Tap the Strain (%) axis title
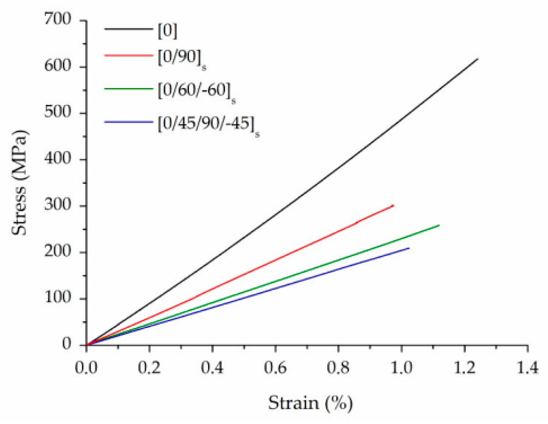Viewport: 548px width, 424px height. (x=310, y=403)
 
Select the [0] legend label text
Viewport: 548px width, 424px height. (x=167, y=30)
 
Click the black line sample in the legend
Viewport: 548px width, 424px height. (x=128, y=29)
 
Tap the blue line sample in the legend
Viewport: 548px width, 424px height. (x=128, y=122)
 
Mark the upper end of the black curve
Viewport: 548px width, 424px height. (x=477, y=59)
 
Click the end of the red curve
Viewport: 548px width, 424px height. (x=393, y=206)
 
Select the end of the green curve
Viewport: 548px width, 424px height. (x=439, y=225)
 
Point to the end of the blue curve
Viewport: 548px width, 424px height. (x=409, y=248)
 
